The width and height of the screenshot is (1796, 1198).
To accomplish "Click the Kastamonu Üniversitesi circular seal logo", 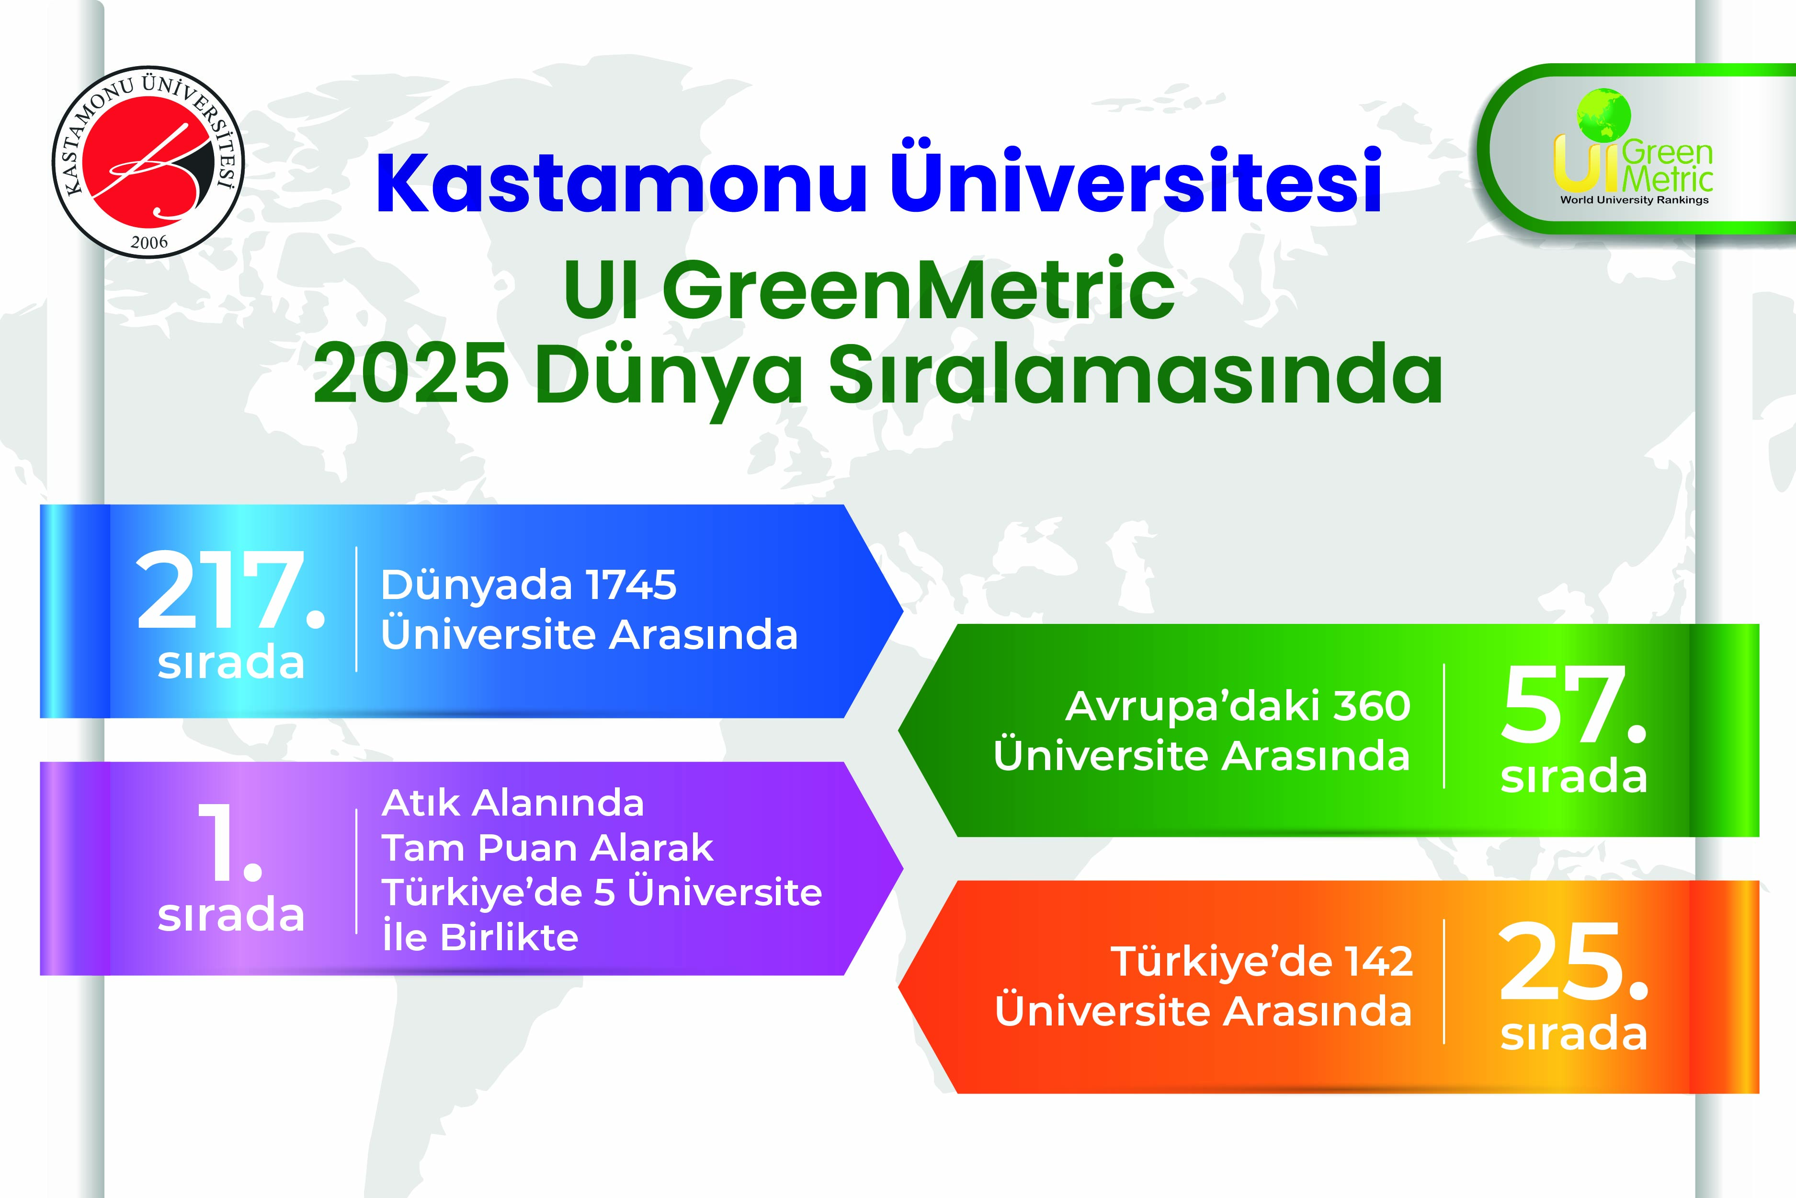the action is click(148, 162).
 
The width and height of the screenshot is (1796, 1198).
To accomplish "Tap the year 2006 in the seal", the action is click(149, 242).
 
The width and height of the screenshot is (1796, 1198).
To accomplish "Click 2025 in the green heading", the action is click(411, 374).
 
